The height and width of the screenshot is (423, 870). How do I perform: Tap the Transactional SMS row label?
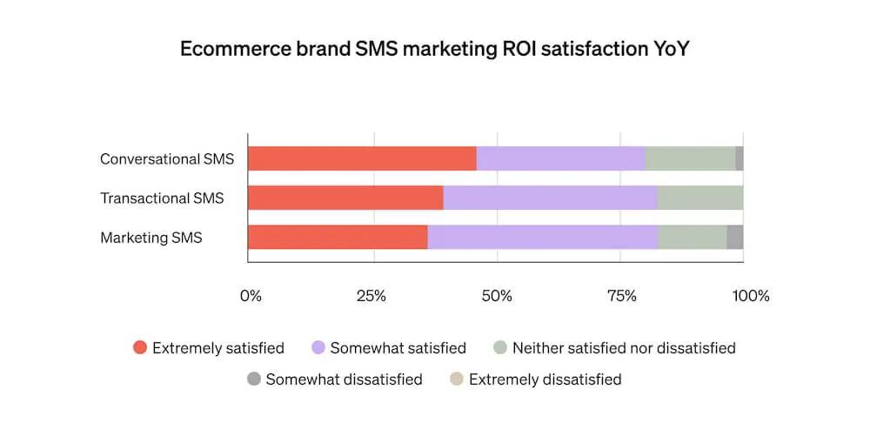162,198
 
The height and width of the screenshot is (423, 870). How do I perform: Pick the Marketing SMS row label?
151,238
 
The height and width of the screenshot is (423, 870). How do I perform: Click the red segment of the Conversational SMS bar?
362,158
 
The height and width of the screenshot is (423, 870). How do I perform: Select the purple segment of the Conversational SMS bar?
560,158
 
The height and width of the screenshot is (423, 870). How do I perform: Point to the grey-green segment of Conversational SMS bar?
690,158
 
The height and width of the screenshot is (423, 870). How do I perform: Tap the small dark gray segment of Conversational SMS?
739,158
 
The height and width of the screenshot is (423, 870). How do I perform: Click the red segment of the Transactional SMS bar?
345,198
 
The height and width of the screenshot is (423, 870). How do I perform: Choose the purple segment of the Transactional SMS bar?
550,198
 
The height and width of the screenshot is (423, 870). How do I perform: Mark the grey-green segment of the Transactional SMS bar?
700,198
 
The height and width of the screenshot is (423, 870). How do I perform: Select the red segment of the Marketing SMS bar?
338,237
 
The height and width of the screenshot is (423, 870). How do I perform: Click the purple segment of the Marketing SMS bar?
543,237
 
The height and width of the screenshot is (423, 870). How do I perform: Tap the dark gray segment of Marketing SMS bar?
735,237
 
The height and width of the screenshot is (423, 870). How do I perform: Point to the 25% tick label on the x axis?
372,296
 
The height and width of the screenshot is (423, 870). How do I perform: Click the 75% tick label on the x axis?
621,296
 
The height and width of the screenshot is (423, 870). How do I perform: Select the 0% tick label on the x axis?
251,296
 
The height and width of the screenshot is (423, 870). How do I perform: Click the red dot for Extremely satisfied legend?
139,348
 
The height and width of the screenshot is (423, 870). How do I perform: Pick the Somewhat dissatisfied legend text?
344,379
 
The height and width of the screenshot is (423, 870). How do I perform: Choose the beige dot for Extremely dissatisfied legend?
457,379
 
